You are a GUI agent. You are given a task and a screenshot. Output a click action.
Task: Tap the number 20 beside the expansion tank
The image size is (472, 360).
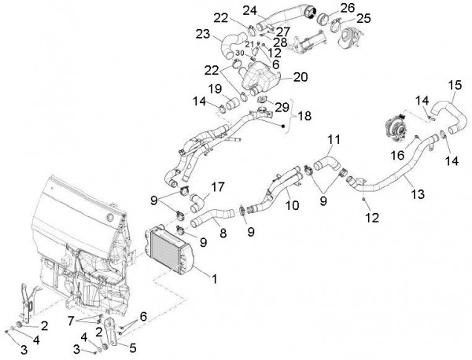click(x=300, y=77)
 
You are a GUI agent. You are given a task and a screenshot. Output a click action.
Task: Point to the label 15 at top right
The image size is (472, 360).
click(x=454, y=84)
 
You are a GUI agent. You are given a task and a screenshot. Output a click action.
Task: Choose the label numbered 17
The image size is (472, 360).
click(x=218, y=187)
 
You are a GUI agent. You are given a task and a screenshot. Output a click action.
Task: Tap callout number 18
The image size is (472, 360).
click(x=304, y=116)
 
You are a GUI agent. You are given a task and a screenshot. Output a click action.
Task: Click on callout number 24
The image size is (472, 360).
click(x=249, y=10)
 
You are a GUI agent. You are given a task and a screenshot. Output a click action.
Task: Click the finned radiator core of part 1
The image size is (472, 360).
click(x=169, y=251)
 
